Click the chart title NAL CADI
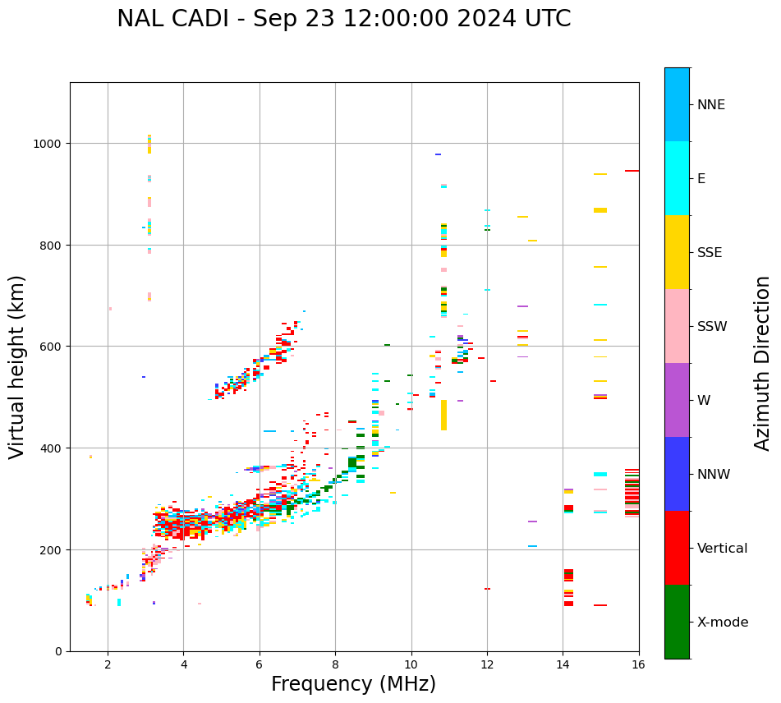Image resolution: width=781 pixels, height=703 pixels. pyautogui.click(x=343, y=19)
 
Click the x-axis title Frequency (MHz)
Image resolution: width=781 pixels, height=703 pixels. pyautogui.click(x=353, y=684)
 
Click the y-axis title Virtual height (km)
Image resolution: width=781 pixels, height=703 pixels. pyautogui.click(x=17, y=367)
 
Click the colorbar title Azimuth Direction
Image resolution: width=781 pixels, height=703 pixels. pyautogui.click(x=763, y=363)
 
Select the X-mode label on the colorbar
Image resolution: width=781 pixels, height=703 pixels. pyautogui.click(x=723, y=623)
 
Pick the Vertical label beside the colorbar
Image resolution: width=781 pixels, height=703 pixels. pyautogui.click(x=723, y=549)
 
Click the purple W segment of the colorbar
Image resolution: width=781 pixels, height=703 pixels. pyautogui.click(x=677, y=400)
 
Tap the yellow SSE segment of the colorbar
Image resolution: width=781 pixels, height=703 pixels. pyautogui.click(x=677, y=252)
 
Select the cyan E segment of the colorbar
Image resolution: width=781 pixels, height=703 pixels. pyautogui.click(x=677, y=178)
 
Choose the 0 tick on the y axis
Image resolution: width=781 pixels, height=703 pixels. pyautogui.click(x=57, y=651)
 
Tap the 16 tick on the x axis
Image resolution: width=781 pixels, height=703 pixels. pyautogui.click(x=638, y=665)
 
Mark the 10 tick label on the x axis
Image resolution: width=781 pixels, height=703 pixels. pyautogui.click(x=411, y=665)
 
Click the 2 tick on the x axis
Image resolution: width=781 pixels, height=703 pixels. pyautogui.click(x=108, y=665)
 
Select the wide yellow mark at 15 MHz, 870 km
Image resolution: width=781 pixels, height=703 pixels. pyautogui.click(x=600, y=210)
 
